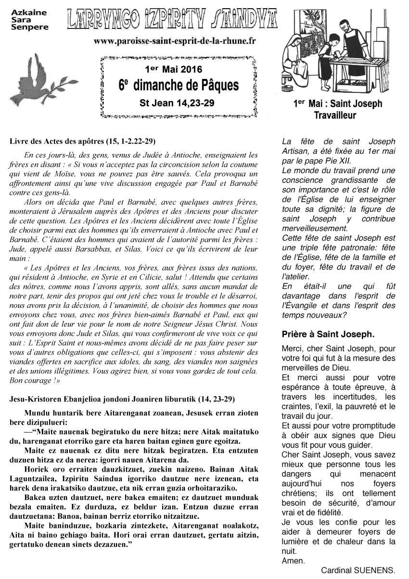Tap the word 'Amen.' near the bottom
click(293, 561)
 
